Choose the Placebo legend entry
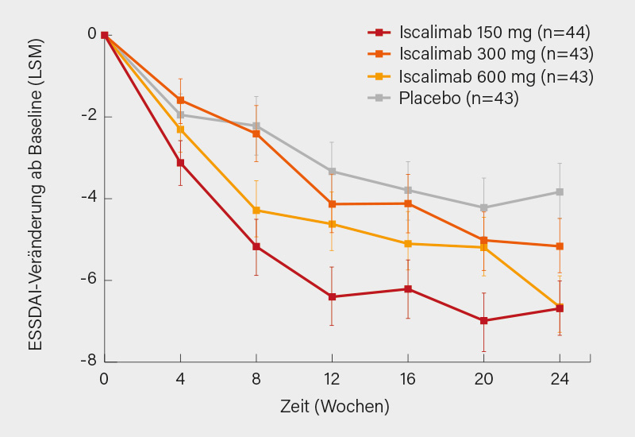pyautogui.click(x=448, y=98)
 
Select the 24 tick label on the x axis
pyautogui.click(x=560, y=378)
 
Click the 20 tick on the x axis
pyautogui.click(x=484, y=378)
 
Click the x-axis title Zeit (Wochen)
pyautogui.click(x=335, y=407)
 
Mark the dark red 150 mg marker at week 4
pyautogui.click(x=181, y=163)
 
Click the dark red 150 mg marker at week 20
pyautogui.click(x=484, y=320)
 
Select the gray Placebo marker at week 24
pyautogui.click(x=560, y=191)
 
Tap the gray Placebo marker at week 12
pyautogui.click(x=333, y=171)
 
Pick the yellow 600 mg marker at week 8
pyautogui.click(x=256, y=210)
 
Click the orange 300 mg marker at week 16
pyautogui.click(x=408, y=203)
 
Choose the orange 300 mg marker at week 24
pyautogui.click(x=560, y=246)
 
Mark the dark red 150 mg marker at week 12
pyautogui.click(x=333, y=296)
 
